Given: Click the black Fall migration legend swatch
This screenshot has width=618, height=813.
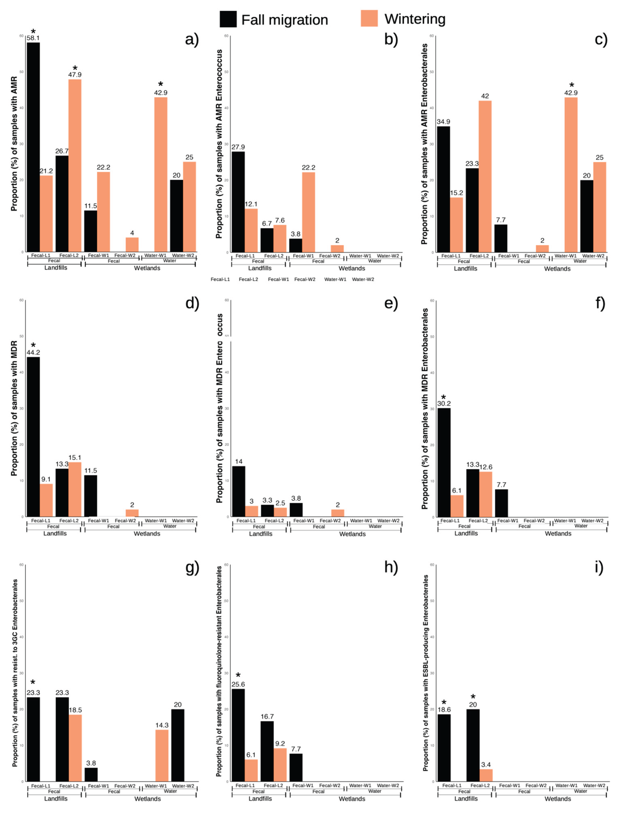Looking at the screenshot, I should click(228, 19).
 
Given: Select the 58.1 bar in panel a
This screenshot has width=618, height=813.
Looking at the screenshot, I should click(33, 147).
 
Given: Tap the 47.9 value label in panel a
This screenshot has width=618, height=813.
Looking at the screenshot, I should click(75, 75).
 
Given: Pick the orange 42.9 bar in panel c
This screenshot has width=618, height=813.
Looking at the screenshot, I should click(571, 175).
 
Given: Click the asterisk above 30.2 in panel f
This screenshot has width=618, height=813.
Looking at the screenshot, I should click(444, 398).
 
